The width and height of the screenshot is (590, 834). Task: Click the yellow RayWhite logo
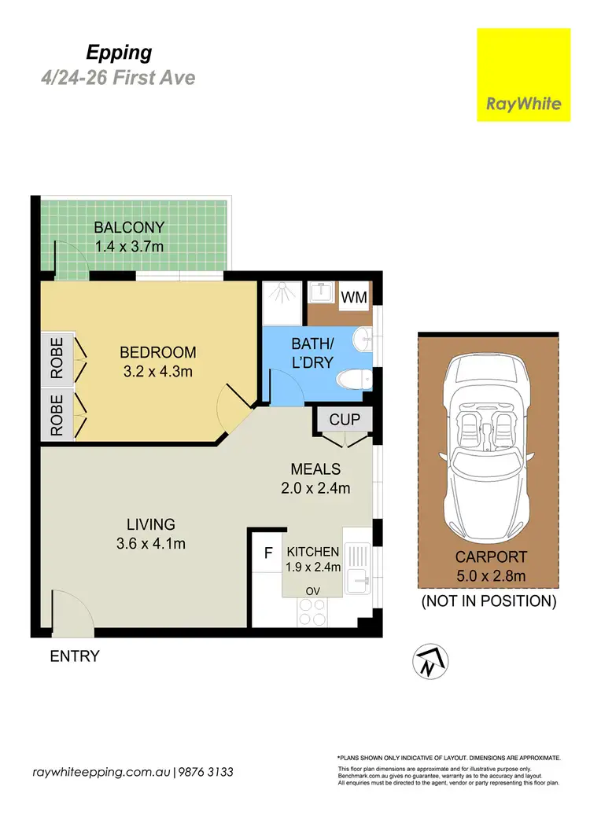[x=523, y=75]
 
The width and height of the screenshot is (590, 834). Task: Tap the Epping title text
[x=119, y=53]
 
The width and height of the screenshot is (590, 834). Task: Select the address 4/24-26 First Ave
[x=117, y=78]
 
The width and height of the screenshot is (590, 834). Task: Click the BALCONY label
[x=129, y=227]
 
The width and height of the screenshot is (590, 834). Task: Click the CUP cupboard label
[x=344, y=419]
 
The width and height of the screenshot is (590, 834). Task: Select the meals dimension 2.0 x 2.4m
[x=315, y=487]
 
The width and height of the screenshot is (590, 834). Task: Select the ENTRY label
[x=75, y=656]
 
